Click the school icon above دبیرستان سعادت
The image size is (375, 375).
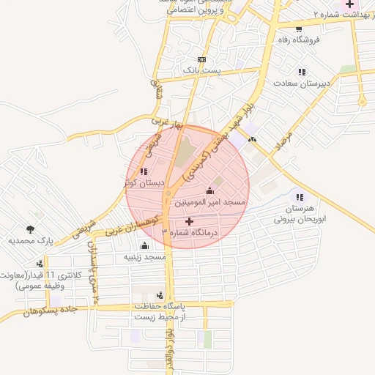pyautogui.click(x=301, y=72)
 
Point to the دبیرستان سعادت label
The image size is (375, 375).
pyautogui.click(x=302, y=83)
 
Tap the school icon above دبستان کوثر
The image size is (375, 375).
pyautogui.click(x=144, y=172)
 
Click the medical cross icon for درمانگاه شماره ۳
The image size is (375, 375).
pyautogui.click(x=190, y=220)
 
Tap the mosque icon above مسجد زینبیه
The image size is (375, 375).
pyautogui.click(x=144, y=245)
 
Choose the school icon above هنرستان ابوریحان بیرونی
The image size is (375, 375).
pyautogui.click(x=299, y=196)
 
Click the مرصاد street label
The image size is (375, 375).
pyautogui.click(x=283, y=137)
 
